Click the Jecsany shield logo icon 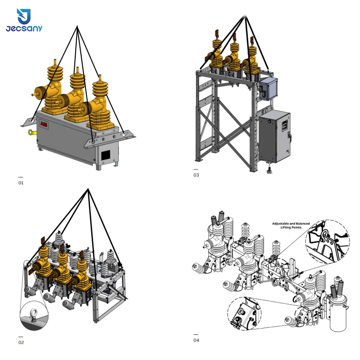coord(24,16)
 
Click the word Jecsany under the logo coord(24,28)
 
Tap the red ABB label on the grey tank coord(44,124)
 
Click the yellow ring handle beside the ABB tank coord(31,132)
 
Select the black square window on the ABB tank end coord(105,156)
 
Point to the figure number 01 coord(21,183)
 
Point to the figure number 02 coord(21,342)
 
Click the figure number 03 coord(196,175)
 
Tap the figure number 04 coord(196,340)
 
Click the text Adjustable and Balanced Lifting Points coord(291,225)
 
